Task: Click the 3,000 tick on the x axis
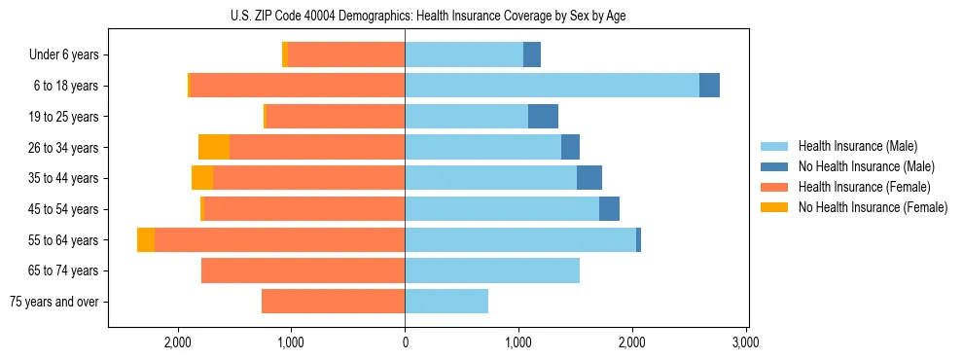click(745, 342)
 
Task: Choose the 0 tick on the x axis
click(405, 342)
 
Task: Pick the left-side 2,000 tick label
click(177, 342)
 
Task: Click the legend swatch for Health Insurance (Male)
click(774, 146)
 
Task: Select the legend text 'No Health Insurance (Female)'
click(873, 207)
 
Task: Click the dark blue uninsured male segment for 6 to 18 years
click(709, 86)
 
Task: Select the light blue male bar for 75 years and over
click(446, 302)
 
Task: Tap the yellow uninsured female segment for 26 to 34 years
click(214, 147)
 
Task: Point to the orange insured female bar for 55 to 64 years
click(279, 239)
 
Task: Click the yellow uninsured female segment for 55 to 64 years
click(146, 239)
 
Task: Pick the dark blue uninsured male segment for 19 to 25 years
click(543, 117)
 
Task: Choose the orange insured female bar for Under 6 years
click(346, 54)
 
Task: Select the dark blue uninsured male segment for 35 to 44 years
click(589, 178)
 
